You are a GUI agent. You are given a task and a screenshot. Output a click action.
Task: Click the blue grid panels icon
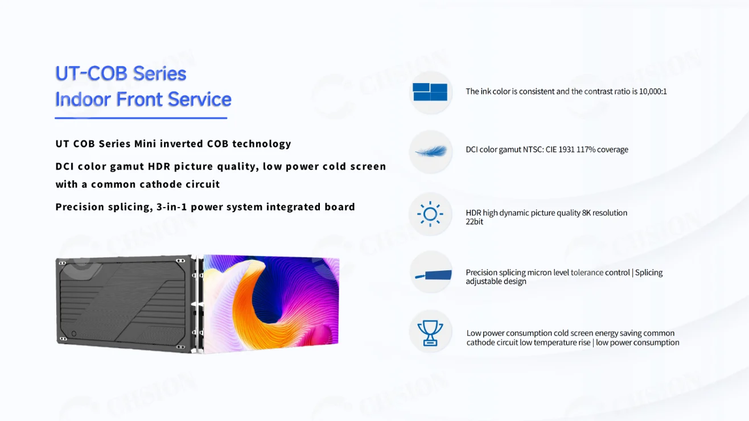430,92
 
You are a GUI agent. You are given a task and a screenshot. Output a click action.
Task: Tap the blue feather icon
431,151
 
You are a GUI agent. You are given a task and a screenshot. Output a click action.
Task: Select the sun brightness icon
430,214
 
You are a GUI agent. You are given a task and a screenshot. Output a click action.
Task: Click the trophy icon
430,333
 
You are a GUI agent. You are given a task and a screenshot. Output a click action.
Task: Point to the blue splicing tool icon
433,275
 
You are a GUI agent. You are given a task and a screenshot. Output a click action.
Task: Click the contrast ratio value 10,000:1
653,92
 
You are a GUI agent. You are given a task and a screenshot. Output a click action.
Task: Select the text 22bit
474,221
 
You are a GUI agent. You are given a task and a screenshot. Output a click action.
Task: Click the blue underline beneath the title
141,118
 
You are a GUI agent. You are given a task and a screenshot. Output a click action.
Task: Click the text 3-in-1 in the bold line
171,207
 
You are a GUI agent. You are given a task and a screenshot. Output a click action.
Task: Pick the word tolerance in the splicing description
587,273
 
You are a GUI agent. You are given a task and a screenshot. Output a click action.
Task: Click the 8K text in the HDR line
586,213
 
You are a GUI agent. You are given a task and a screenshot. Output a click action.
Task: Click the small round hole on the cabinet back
74,333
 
